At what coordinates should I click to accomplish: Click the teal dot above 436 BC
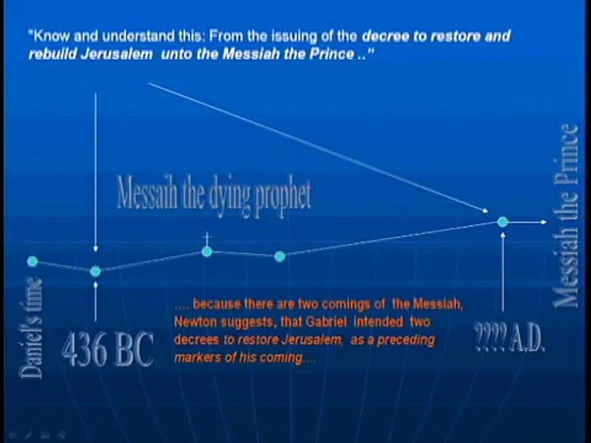pyautogui.click(x=95, y=271)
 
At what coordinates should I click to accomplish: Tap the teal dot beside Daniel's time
pyautogui.click(x=33, y=261)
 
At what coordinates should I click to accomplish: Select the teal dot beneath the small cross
pyautogui.click(x=207, y=251)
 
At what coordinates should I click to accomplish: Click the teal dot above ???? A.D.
pyautogui.click(x=503, y=222)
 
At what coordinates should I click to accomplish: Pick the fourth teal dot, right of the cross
pyautogui.click(x=279, y=256)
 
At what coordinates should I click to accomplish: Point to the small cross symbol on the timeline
pyautogui.click(x=207, y=237)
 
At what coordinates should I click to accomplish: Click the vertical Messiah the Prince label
pyautogui.click(x=566, y=215)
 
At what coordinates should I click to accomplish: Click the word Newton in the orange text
pyautogui.click(x=193, y=322)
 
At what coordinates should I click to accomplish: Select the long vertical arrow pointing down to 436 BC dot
pyautogui.click(x=95, y=172)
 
